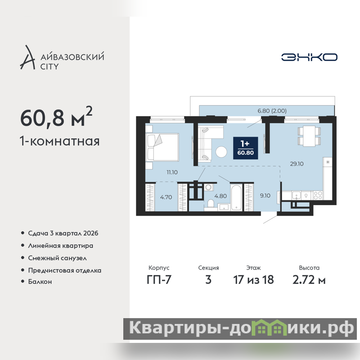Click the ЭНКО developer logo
click(x=309, y=57)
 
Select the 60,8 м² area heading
click(x=56, y=117)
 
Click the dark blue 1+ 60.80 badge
click(x=245, y=148)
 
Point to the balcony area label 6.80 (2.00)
click(x=272, y=111)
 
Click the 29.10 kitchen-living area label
click(x=297, y=164)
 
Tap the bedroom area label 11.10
click(x=172, y=172)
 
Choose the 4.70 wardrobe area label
click(x=166, y=197)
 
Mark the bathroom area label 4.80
click(x=220, y=196)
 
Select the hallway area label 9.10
click(x=265, y=196)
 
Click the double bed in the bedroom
click(x=162, y=147)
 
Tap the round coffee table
click(x=221, y=152)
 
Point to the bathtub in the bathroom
click(x=236, y=198)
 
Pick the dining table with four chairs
click(x=309, y=136)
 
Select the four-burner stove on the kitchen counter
click(x=318, y=196)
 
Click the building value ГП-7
click(x=159, y=279)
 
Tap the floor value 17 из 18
click(x=253, y=279)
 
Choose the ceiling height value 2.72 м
click(x=309, y=279)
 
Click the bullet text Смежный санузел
click(x=58, y=258)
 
